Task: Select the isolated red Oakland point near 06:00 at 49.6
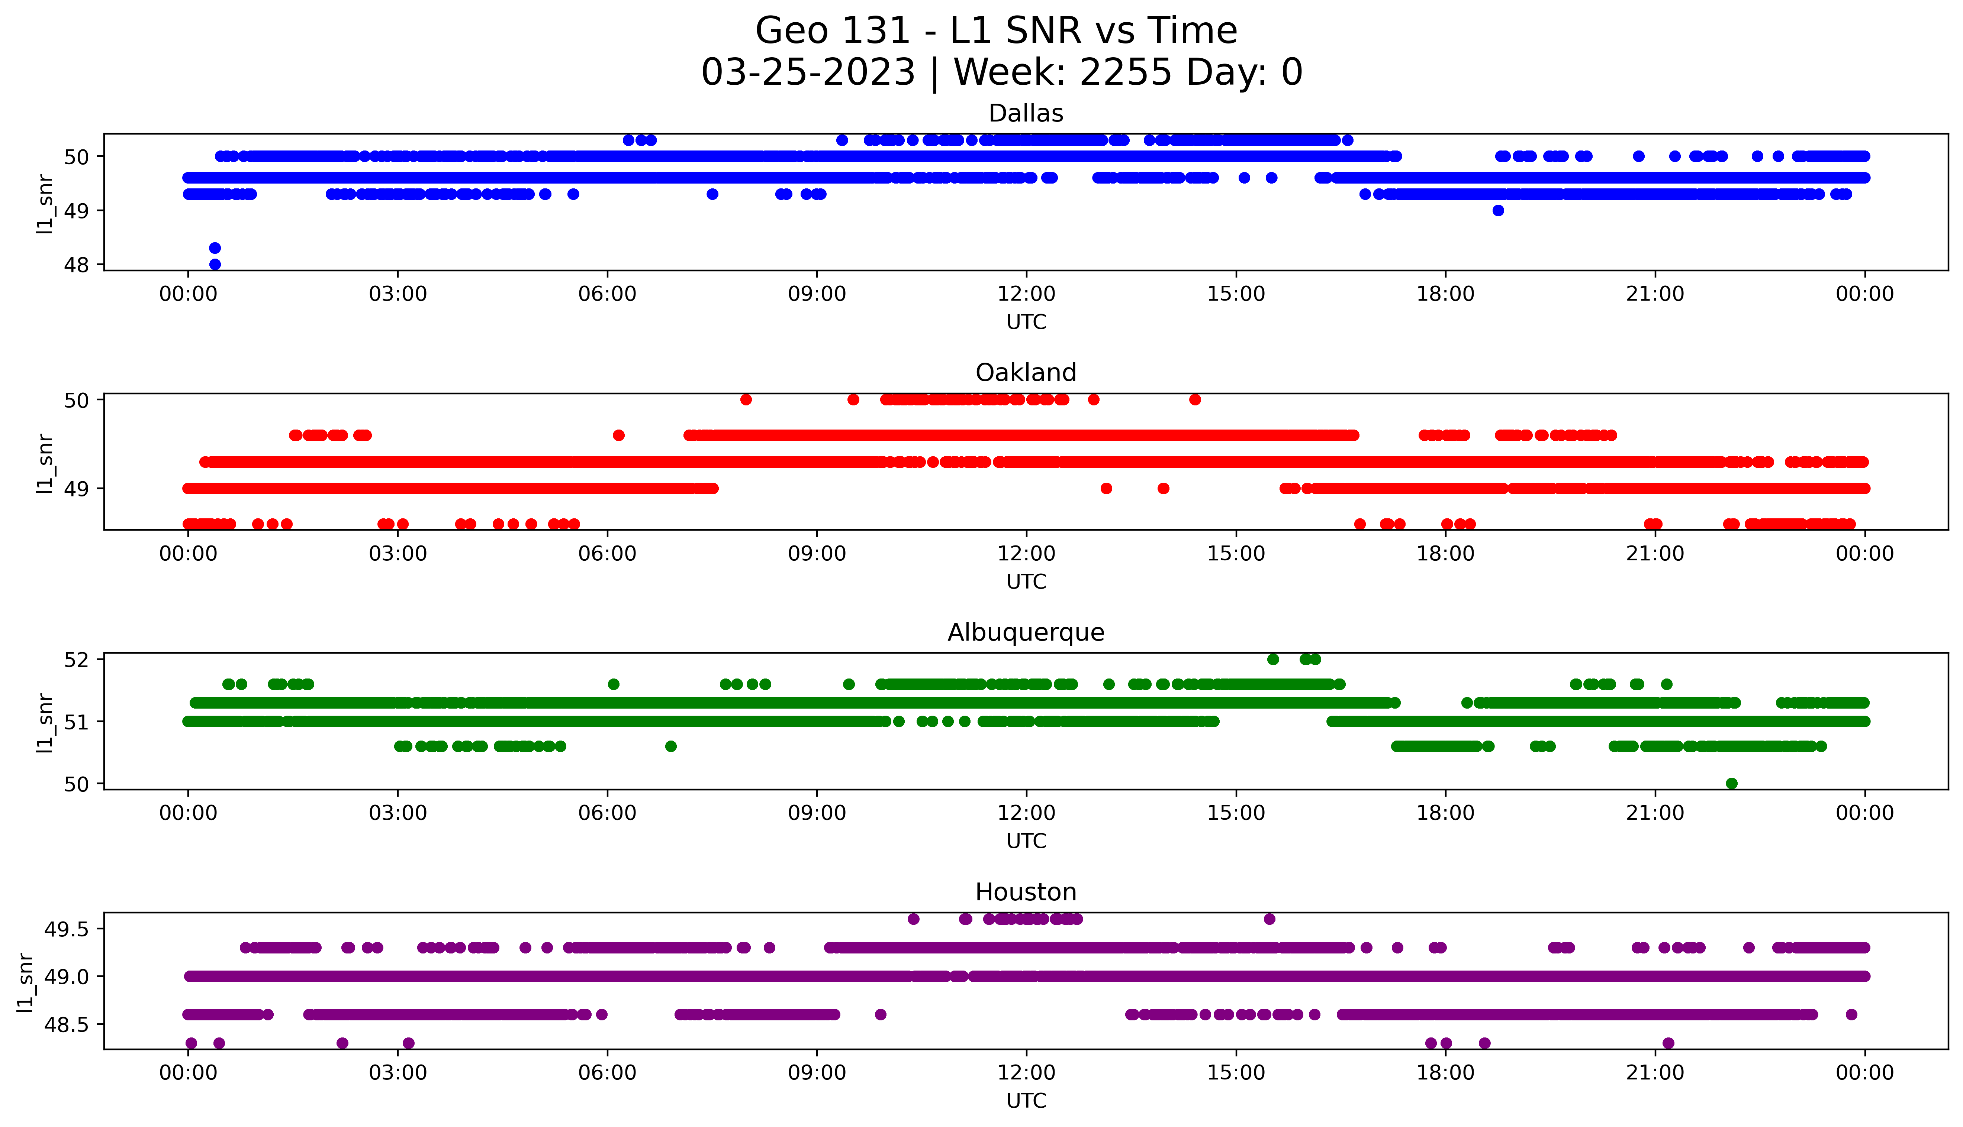tap(619, 435)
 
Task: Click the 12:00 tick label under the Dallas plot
tap(1026, 294)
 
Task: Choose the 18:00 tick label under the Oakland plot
tap(1446, 554)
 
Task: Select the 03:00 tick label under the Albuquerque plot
tap(398, 813)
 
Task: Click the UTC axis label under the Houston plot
tap(1026, 1101)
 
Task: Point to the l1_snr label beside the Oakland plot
tap(45, 463)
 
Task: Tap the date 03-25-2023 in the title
tap(808, 73)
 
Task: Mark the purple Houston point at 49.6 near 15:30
tap(1269, 919)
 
